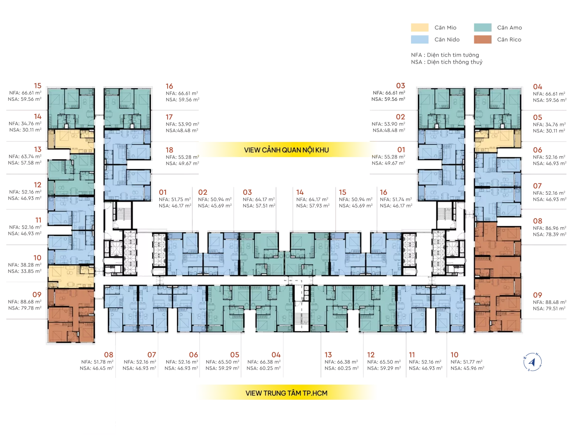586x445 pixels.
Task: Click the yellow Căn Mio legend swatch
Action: pos(419,27)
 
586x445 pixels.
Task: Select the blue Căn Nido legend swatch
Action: pos(419,40)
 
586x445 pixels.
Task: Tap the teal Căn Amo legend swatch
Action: pos(482,27)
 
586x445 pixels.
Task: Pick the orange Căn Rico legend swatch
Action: pos(482,40)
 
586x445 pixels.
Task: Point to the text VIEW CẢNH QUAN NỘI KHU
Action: pos(286,150)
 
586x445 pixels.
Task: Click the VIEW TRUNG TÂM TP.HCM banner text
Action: pos(286,393)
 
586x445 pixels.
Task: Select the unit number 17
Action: pos(169,117)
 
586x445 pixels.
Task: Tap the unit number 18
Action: pos(169,150)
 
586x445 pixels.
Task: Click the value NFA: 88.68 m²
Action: pos(24,302)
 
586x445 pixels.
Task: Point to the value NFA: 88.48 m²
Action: pos(549,302)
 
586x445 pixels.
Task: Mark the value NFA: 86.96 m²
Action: pos(549,228)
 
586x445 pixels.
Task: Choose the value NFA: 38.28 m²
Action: pos(24,265)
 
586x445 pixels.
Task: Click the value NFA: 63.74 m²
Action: pos(25,156)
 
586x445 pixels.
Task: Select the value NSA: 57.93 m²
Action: pos(313,206)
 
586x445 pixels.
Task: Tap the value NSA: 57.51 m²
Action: pos(259,206)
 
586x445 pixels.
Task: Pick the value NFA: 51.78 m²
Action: pos(97,362)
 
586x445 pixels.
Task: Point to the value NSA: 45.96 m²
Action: pos(467,368)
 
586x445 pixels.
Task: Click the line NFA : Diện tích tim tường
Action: pos(445,55)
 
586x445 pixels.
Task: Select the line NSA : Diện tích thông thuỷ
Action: pos(447,62)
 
